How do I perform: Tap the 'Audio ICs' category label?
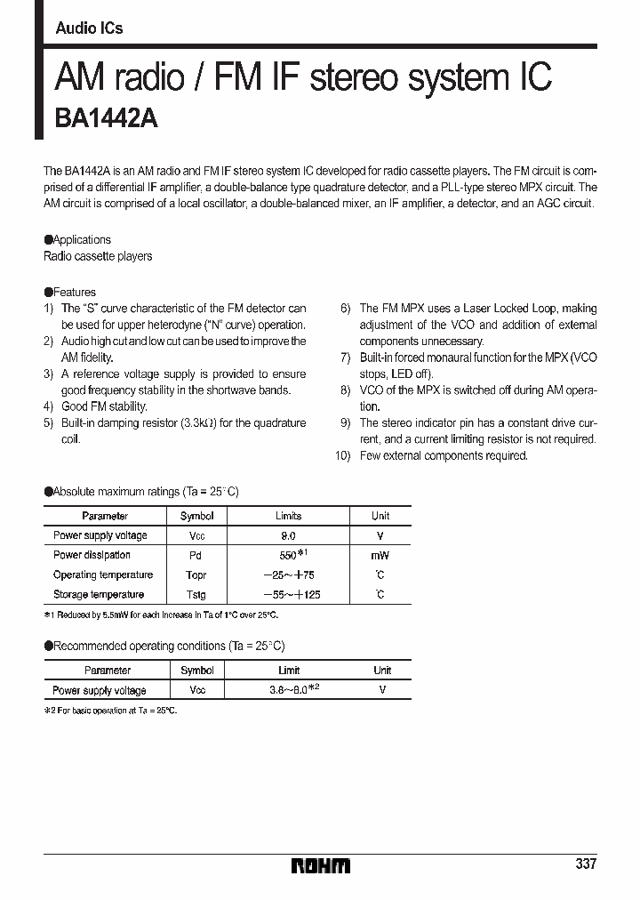click(x=89, y=28)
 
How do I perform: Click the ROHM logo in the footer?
click(x=321, y=865)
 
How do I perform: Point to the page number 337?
click(x=586, y=864)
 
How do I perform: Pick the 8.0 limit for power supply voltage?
click(x=288, y=535)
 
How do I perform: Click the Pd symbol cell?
click(x=196, y=555)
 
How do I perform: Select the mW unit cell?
click(x=380, y=555)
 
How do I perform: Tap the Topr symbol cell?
click(x=196, y=575)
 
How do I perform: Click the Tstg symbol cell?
click(x=196, y=594)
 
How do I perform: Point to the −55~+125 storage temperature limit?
click(x=288, y=594)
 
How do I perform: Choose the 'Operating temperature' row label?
click(x=103, y=575)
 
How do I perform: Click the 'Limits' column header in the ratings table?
click(x=288, y=516)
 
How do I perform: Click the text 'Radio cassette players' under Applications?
click(x=98, y=256)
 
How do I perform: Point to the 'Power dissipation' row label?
click(x=92, y=555)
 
